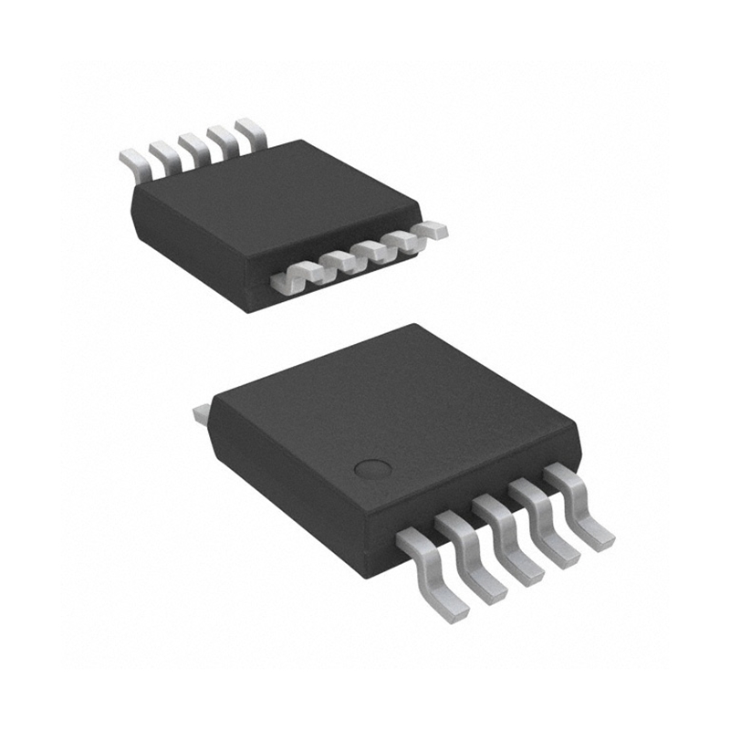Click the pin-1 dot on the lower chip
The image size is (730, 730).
pos(371,469)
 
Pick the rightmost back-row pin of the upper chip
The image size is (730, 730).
pos(252,131)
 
